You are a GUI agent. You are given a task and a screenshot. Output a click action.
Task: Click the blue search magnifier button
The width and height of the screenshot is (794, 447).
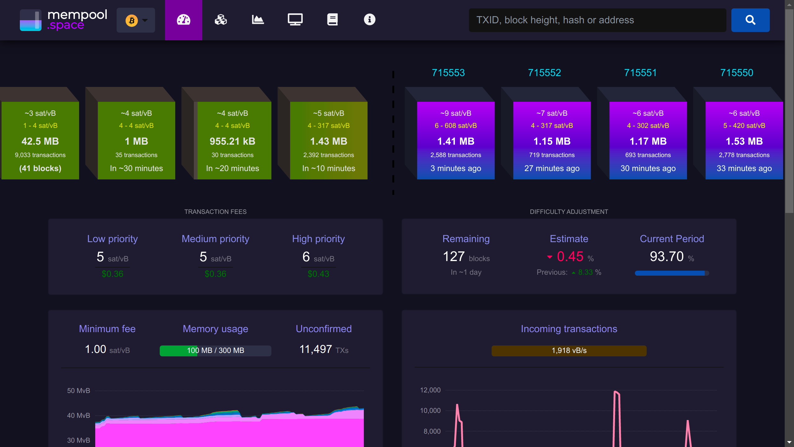[750, 20]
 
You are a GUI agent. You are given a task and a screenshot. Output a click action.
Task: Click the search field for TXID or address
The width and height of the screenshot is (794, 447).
[597, 20]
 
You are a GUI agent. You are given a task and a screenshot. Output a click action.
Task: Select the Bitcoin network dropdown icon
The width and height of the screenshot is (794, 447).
[136, 20]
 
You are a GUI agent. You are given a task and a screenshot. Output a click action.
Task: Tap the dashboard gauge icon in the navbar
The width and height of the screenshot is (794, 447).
[184, 20]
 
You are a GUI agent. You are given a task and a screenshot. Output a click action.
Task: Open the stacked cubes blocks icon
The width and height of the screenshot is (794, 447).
[221, 20]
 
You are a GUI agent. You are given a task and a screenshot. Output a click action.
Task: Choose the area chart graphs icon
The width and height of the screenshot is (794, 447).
[258, 20]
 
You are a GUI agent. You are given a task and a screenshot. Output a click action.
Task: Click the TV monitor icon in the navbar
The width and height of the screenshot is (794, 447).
[295, 20]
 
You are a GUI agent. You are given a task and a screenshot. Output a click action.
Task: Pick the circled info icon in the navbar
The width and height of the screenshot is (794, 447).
[369, 20]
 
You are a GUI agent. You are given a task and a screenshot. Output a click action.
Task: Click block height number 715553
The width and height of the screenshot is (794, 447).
[448, 73]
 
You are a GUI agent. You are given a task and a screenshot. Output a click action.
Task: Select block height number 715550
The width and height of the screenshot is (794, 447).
[737, 73]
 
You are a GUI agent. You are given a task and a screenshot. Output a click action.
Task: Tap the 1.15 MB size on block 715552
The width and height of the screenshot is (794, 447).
[552, 141]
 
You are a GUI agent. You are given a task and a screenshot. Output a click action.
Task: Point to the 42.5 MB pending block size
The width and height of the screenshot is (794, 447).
[40, 141]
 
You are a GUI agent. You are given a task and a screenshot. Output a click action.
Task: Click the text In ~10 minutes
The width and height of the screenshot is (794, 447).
[329, 168]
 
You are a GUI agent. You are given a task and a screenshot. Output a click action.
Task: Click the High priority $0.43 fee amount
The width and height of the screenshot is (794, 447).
[319, 274]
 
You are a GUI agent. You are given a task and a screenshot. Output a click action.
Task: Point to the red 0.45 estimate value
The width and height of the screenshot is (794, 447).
[570, 256]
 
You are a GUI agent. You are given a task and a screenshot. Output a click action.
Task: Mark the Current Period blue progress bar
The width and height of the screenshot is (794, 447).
[672, 273]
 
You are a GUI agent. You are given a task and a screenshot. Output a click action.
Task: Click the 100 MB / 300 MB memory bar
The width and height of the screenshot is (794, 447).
[216, 351]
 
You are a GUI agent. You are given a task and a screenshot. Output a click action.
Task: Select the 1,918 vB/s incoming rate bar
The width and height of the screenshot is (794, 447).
[569, 351]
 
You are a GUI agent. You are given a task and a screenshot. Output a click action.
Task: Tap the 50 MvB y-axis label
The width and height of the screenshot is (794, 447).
[78, 391]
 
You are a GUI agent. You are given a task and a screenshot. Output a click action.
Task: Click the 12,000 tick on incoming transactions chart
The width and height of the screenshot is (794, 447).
[430, 390]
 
